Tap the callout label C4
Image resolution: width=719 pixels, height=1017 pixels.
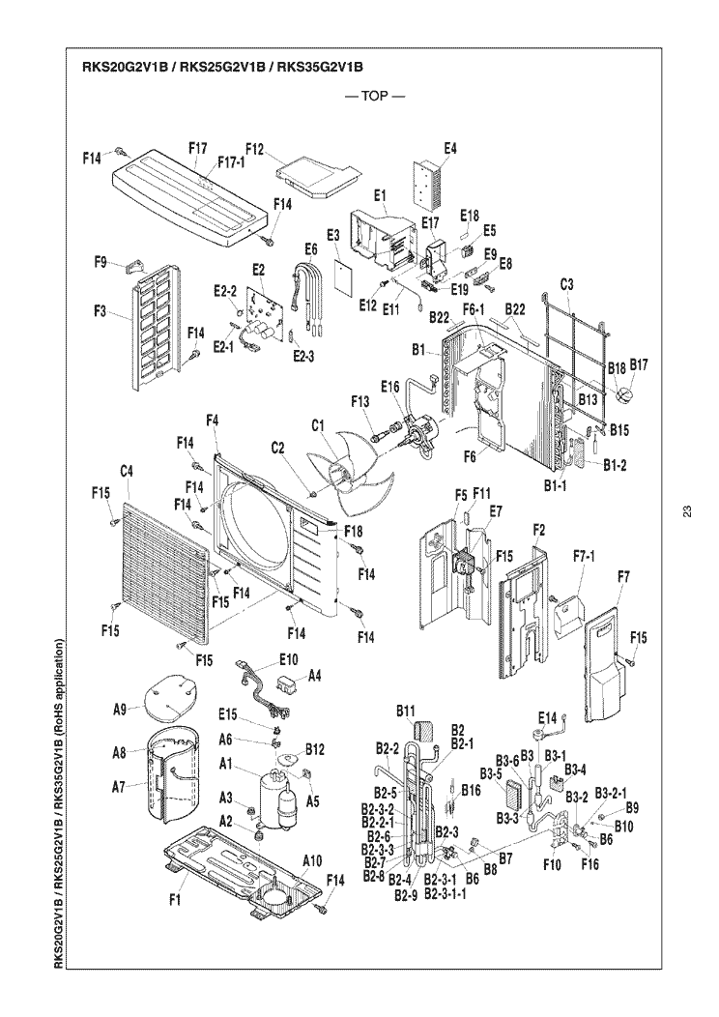click(x=126, y=471)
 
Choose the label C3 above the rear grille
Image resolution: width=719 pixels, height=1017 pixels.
click(x=567, y=285)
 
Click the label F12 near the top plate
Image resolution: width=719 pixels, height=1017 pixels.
click(x=255, y=149)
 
